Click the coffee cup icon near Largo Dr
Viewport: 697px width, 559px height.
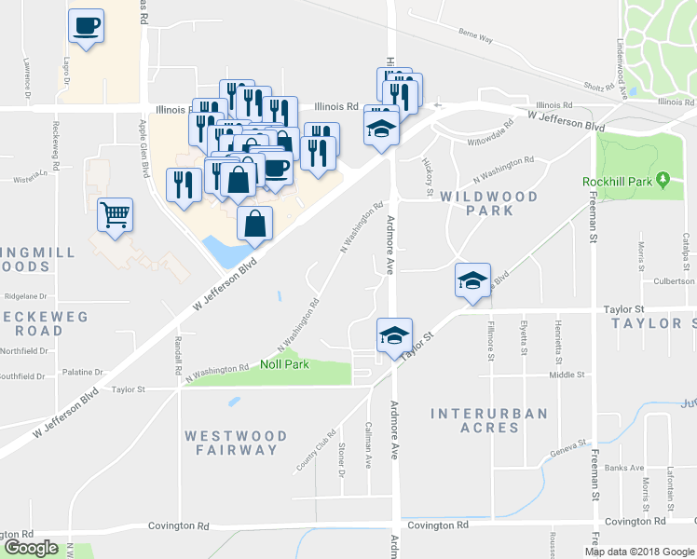tap(86, 26)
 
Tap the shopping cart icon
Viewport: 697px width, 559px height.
tap(115, 215)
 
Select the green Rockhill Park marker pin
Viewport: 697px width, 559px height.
tap(663, 179)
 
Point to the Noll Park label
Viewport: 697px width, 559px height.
tap(284, 364)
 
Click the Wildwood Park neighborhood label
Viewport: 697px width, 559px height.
tap(489, 203)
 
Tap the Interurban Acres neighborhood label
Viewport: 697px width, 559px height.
tap(489, 420)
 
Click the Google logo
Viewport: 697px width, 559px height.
tap(31, 548)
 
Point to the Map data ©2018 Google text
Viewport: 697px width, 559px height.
tap(639, 552)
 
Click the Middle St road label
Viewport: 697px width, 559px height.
tap(566, 375)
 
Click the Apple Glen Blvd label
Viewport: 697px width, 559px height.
tap(144, 147)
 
